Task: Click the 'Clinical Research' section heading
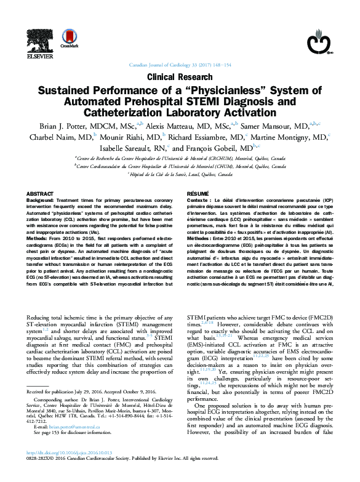pos(180,78)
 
